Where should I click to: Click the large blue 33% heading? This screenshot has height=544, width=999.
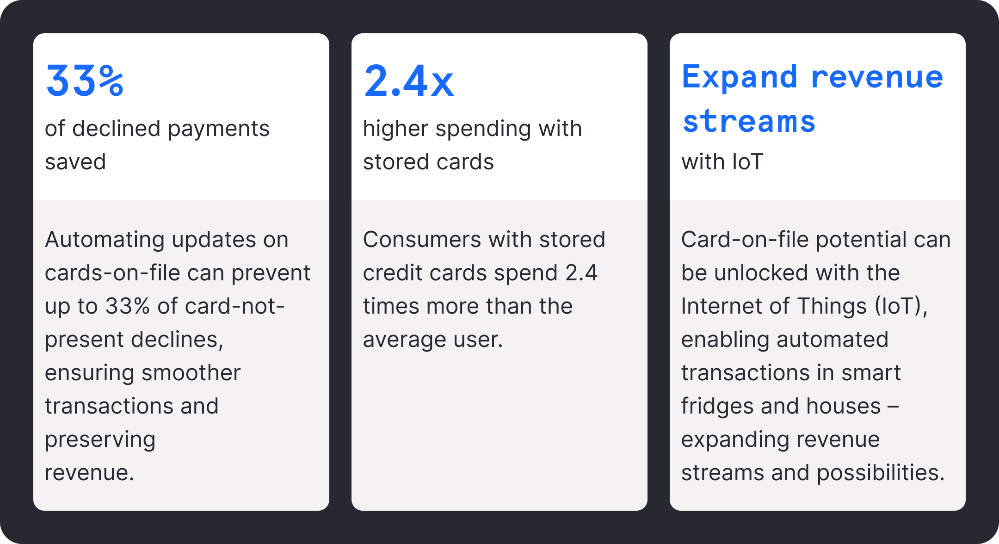pos(85,80)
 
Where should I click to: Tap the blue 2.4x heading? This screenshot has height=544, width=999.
pos(409,80)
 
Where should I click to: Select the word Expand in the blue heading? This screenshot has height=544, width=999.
pos(740,78)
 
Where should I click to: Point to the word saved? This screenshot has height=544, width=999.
pos(75,162)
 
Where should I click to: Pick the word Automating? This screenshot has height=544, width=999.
pos(105,240)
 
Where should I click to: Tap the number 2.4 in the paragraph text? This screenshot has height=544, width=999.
pos(581,273)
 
